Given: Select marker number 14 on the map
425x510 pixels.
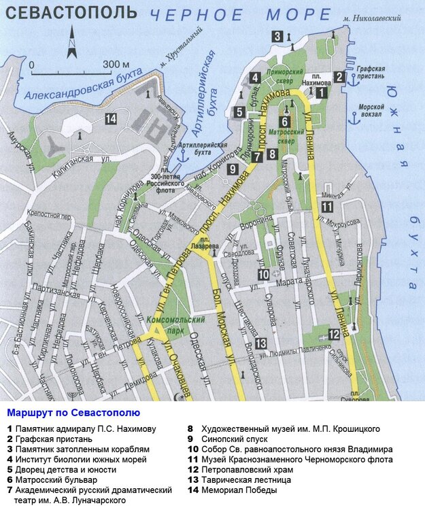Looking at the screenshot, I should point(111,119).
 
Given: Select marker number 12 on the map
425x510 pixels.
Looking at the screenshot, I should point(333,334).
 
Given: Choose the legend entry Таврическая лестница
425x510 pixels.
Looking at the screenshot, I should point(231,479).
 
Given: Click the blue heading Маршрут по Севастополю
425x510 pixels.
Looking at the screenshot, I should point(73,413).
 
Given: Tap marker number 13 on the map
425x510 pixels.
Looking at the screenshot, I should point(260,343).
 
